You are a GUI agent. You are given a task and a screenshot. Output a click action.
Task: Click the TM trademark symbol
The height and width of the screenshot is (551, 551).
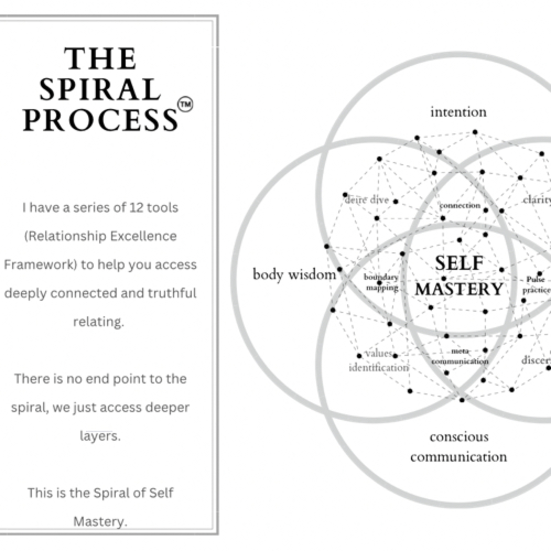coord(185,104)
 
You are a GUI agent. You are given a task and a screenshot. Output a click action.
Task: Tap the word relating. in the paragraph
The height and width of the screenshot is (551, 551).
coord(99,322)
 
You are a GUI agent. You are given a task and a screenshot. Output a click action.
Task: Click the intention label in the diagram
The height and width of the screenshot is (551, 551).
coord(458,112)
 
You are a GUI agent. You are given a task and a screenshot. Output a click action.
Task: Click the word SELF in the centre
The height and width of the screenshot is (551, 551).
coord(459,263)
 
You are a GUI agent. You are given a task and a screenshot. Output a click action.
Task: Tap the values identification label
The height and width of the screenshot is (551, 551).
coord(379,361)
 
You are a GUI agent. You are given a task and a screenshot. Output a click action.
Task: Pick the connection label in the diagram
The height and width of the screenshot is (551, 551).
coord(460,205)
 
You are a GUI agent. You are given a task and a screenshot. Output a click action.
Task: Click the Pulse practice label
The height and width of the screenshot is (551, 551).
coord(536,285)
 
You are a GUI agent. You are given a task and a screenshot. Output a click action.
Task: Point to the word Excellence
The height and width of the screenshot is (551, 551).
coord(143,236)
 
